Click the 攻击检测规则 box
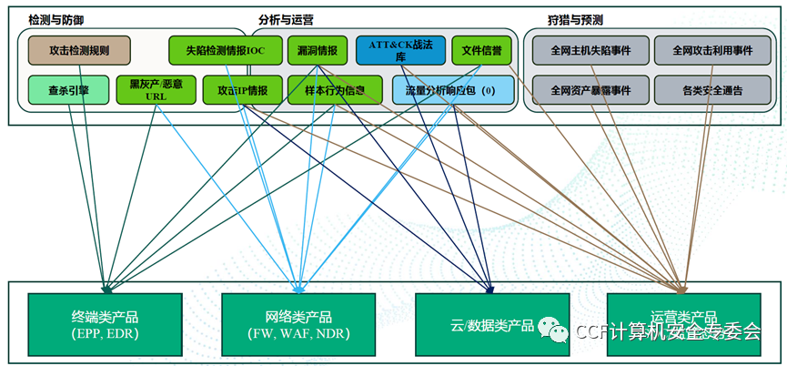pos(79,49)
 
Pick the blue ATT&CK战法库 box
pos(394,49)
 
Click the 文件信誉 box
pos(481,49)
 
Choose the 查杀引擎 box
pos(68,90)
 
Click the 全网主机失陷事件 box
pos(588,49)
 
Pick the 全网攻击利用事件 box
pos(712,49)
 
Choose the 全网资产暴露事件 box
pos(588,90)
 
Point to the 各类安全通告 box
pos(712,90)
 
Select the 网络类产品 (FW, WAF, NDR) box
pos(298,324)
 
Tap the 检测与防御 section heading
pos(55,19)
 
